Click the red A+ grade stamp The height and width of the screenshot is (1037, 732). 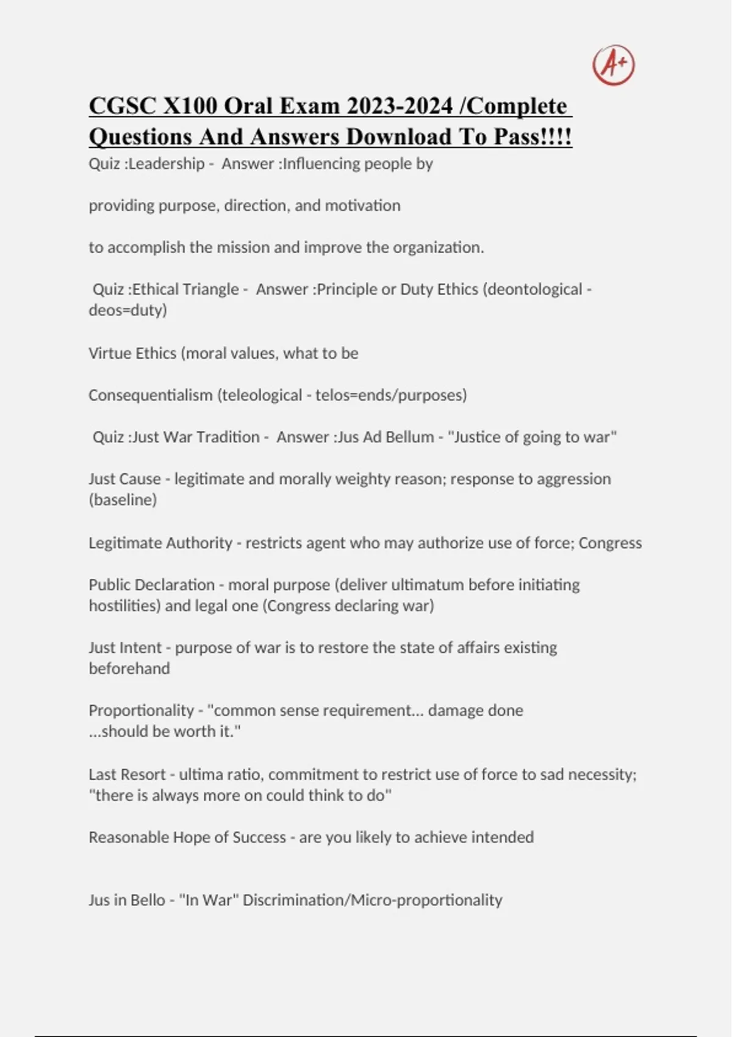tap(613, 65)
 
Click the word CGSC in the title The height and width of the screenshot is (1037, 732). tap(122, 106)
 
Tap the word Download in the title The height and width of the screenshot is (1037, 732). tap(400, 137)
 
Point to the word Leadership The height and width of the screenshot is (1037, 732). tap(167, 163)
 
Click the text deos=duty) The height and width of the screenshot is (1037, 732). tap(127, 310)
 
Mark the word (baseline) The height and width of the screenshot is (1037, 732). tap(123, 500)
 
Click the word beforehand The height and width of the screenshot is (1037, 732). tap(129, 669)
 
